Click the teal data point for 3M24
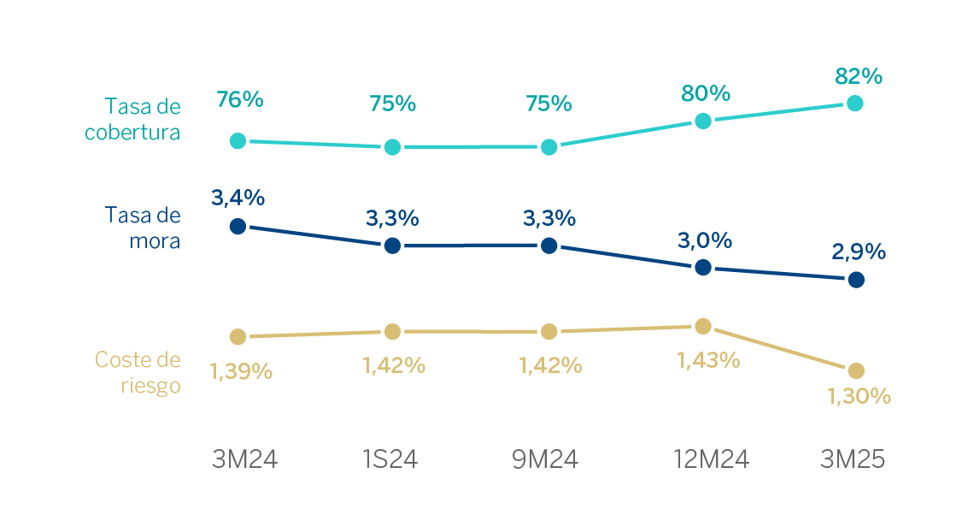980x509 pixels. (x=238, y=140)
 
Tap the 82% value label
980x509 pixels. (x=858, y=76)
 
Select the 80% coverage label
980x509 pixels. (x=706, y=92)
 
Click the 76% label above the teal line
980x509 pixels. (x=240, y=99)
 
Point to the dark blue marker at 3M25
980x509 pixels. (x=856, y=280)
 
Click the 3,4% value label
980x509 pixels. (x=238, y=198)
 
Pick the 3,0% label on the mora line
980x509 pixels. (x=706, y=240)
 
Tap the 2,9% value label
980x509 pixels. (x=858, y=252)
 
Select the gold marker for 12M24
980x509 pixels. (x=703, y=326)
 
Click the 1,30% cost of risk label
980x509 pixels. (x=860, y=396)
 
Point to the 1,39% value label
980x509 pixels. (x=241, y=372)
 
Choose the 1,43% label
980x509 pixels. (x=708, y=360)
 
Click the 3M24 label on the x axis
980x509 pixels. (x=245, y=460)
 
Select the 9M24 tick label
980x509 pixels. (x=545, y=460)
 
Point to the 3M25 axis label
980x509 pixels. (x=852, y=460)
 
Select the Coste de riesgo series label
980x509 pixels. (x=138, y=372)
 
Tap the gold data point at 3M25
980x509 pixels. (x=856, y=370)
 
